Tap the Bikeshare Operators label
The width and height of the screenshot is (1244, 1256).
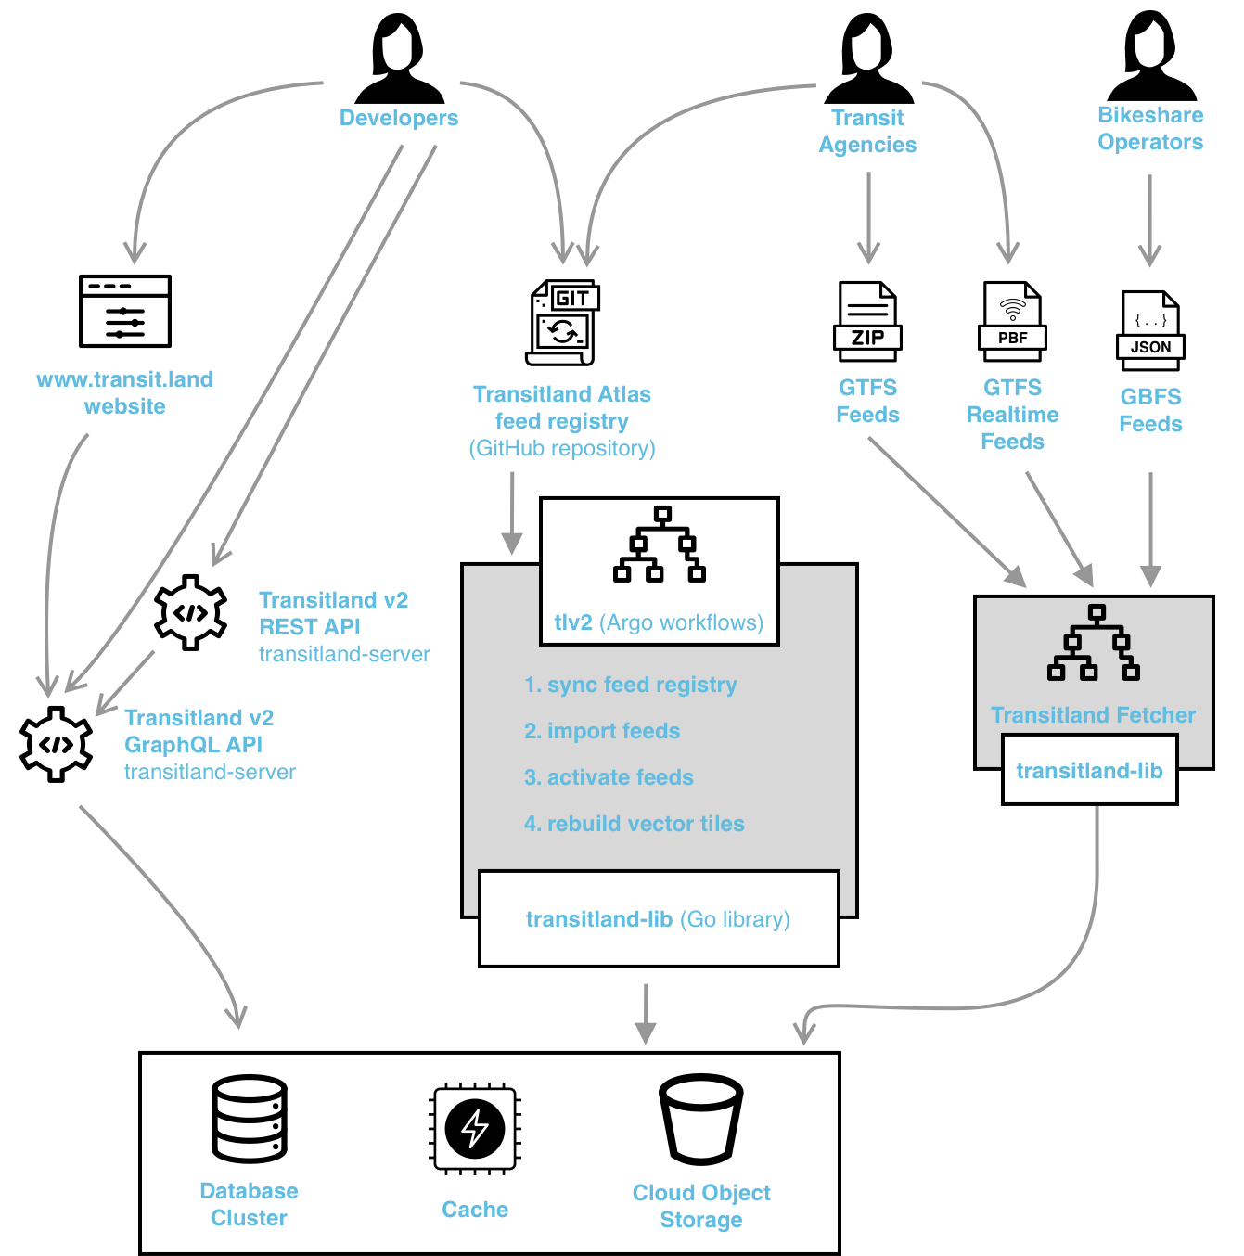click(x=1150, y=129)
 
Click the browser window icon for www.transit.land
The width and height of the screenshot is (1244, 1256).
click(x=125, y=311)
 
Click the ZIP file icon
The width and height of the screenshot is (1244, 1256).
click(x=867, y=321)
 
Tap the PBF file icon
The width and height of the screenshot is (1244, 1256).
click(x=1012, y=321)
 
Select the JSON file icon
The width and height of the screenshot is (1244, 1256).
click(x=1150, y=330)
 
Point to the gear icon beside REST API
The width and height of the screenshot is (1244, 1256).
click(x=190, y=612)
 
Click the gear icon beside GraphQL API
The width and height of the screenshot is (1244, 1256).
click(x=56, y=744)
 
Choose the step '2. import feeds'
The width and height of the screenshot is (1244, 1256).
click(x=602, y=731)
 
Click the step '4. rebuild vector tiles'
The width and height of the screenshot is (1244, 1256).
click(x=635, y=824)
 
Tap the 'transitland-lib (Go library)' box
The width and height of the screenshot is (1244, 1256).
click(x=659, y=919)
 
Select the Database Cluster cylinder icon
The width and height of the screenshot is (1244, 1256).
click(x=249, y=1119)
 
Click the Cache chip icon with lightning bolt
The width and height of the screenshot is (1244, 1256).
click(x=475, y=1128)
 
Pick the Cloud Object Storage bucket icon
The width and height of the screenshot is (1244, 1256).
click(x=701, y=1120)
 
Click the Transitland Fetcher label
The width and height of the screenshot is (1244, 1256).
click(x=1093, y=715)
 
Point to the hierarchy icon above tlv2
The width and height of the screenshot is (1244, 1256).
click(x=660, y=545)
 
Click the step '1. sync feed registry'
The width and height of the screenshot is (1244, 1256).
click(x=631, y=685)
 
